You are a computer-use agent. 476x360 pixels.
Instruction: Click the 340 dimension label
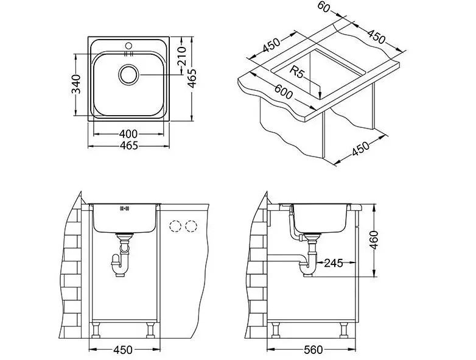point(75,85)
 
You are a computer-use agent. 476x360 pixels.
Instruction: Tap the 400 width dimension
point(128,133)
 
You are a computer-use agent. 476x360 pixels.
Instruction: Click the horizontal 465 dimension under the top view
point(128,146)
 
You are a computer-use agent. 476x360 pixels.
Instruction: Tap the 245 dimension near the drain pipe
point(333,263)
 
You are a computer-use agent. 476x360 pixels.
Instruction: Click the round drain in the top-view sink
point(128,76)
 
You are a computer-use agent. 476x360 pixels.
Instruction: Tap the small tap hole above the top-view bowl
point(128,44)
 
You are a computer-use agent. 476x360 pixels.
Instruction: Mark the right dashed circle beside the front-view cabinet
point(192,226)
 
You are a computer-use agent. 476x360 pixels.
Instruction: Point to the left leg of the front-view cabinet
point(96,331)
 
